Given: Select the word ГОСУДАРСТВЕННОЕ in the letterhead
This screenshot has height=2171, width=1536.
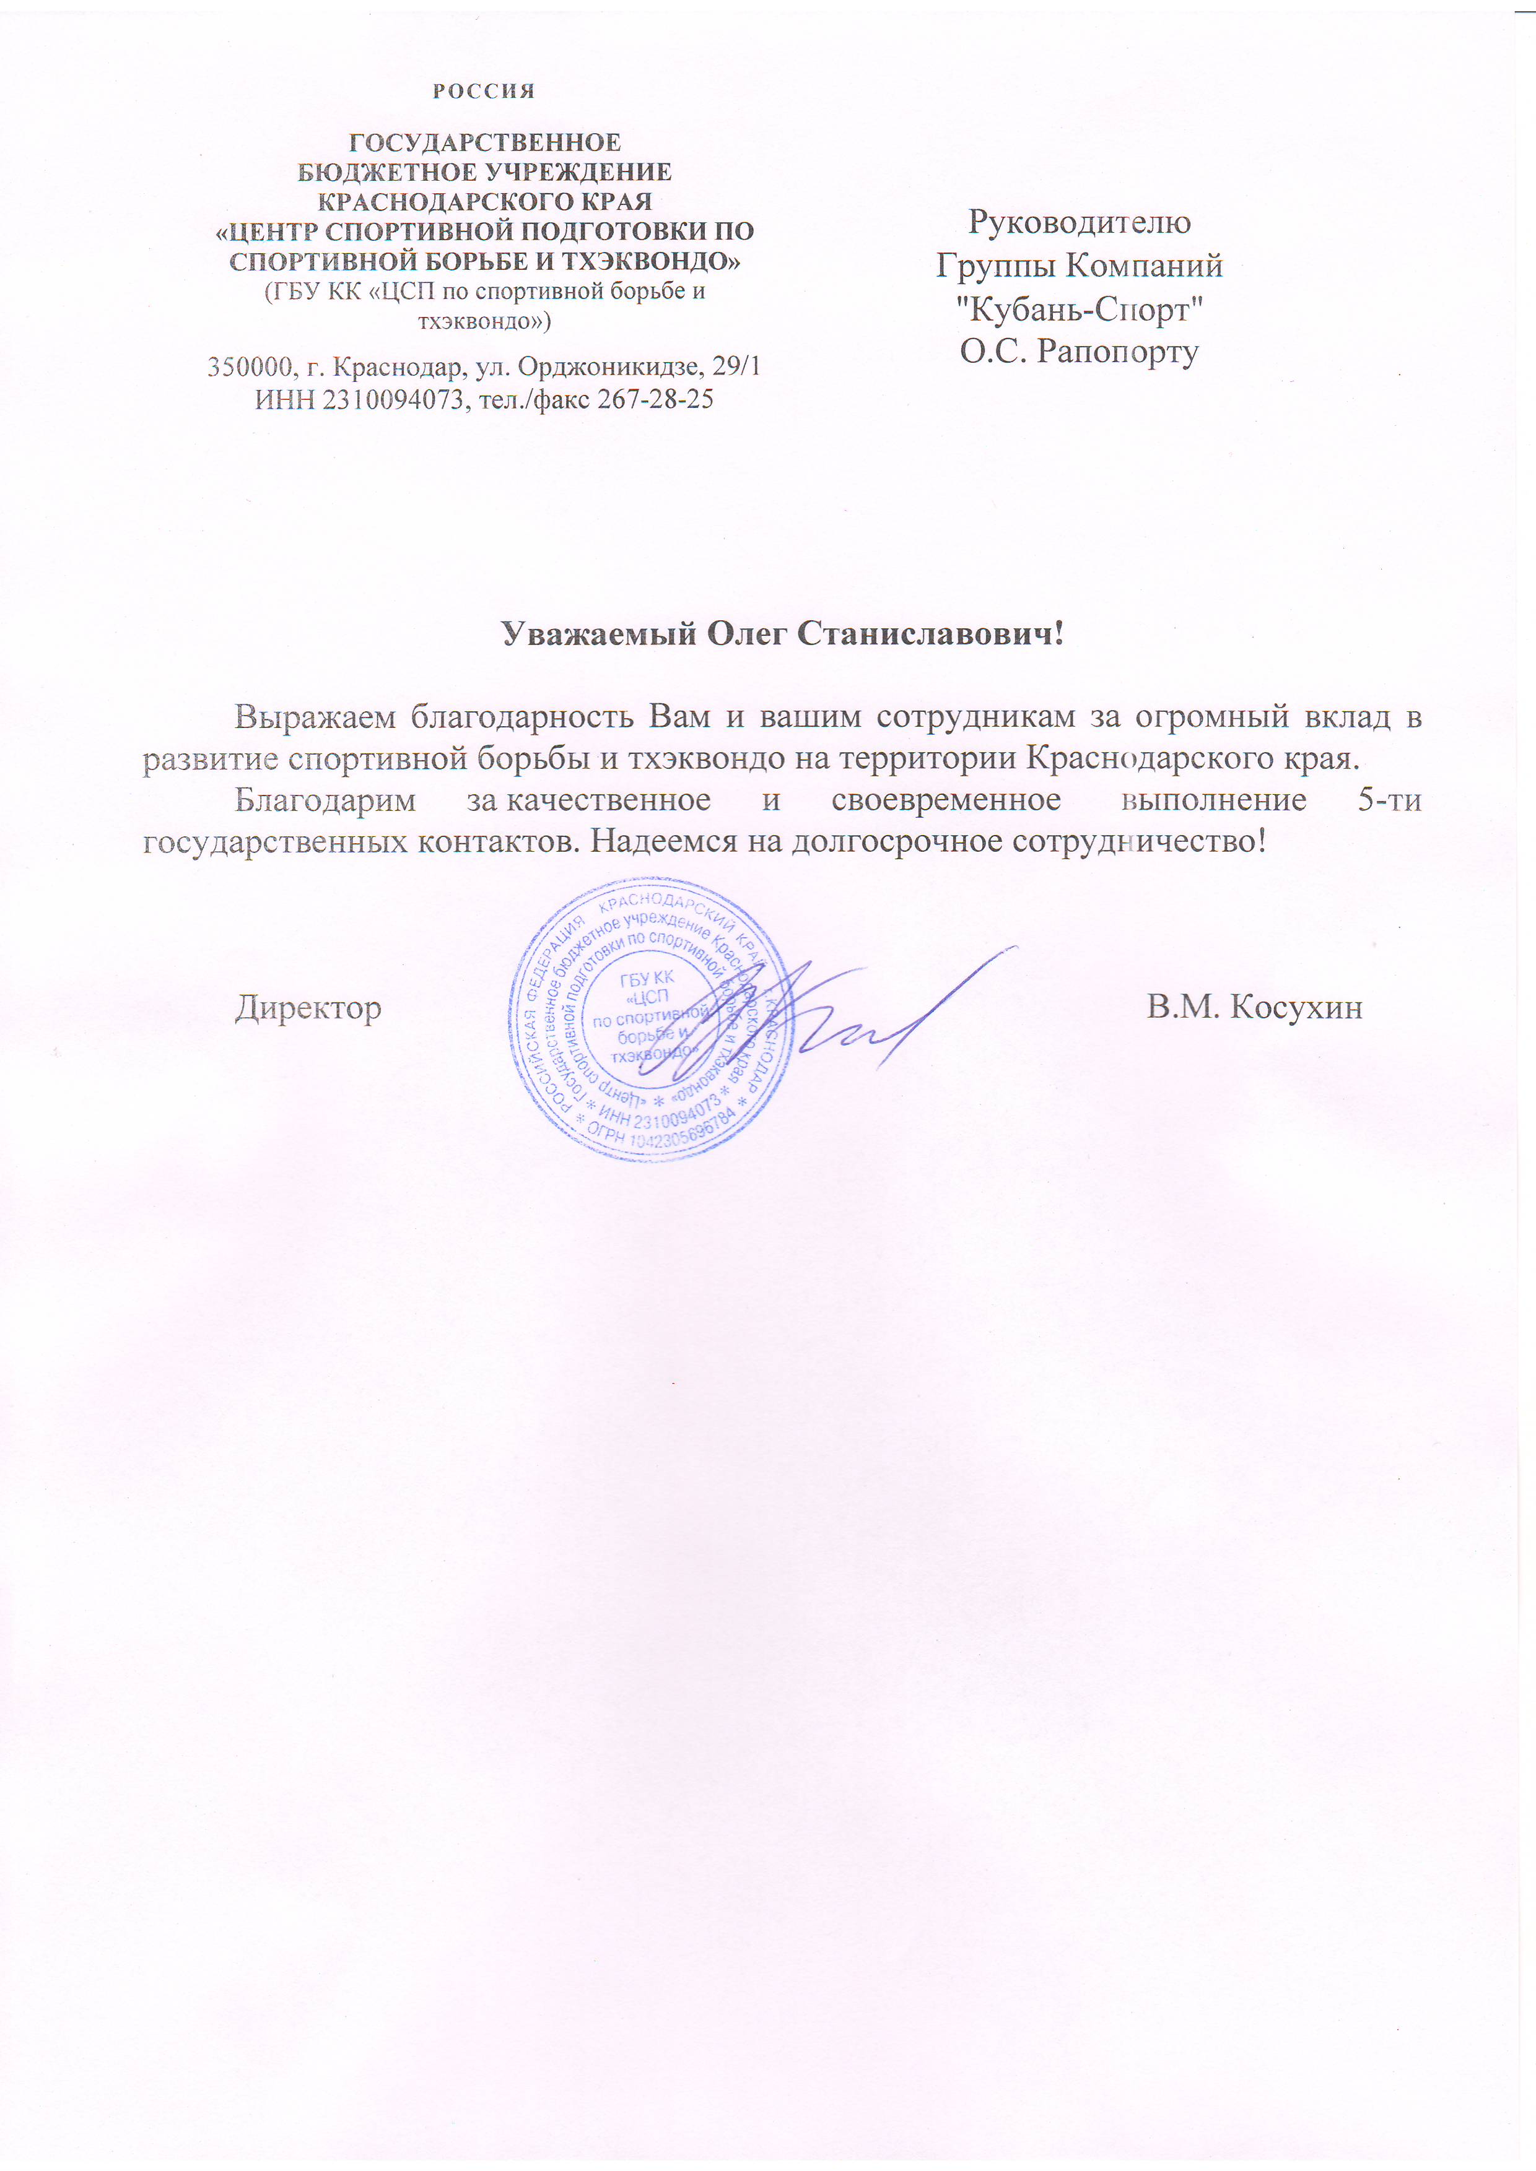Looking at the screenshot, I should pos(485,143).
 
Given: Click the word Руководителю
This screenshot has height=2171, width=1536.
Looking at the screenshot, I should pos(1079,222).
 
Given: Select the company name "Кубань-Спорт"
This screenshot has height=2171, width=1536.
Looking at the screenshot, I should pos(1079,309).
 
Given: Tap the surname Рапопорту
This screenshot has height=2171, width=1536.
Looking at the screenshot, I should pos(1118,352).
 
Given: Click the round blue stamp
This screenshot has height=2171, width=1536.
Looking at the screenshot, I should pos(651,1020).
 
